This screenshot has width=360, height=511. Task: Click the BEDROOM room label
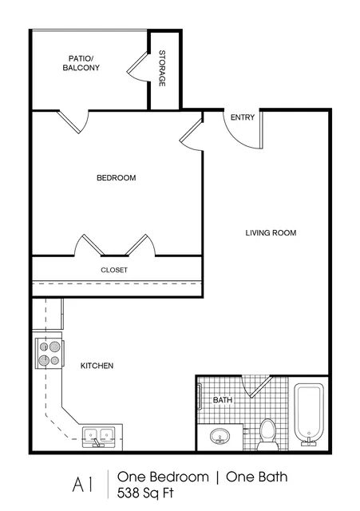click(x=117, y=178)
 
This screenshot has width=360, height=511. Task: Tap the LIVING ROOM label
click(x=271, y=232)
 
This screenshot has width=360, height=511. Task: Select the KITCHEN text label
click(x=97, y=366)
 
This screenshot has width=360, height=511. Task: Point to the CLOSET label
click(x=114, y=270)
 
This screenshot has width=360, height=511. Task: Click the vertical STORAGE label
click(x=162, y=68)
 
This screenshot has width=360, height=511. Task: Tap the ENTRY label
click(x=243, y=117)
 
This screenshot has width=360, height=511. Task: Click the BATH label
click(x=223, y=400)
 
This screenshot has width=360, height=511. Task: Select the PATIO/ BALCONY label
click(x=81, y=63)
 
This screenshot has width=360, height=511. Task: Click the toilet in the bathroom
click(x=268, y=434)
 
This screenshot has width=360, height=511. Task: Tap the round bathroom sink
click(x=220, y=436)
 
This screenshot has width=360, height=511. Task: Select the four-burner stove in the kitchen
click(x=49, y=353)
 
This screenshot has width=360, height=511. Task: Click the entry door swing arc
click(x=238, y=139)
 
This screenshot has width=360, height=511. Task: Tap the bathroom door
click(x=256, y=386)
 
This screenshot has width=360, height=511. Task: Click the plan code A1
click(x=83, y=485)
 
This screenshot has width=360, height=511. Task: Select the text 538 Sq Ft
click(x=145, y=493)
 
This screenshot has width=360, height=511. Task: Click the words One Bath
click(x=257, y=477)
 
